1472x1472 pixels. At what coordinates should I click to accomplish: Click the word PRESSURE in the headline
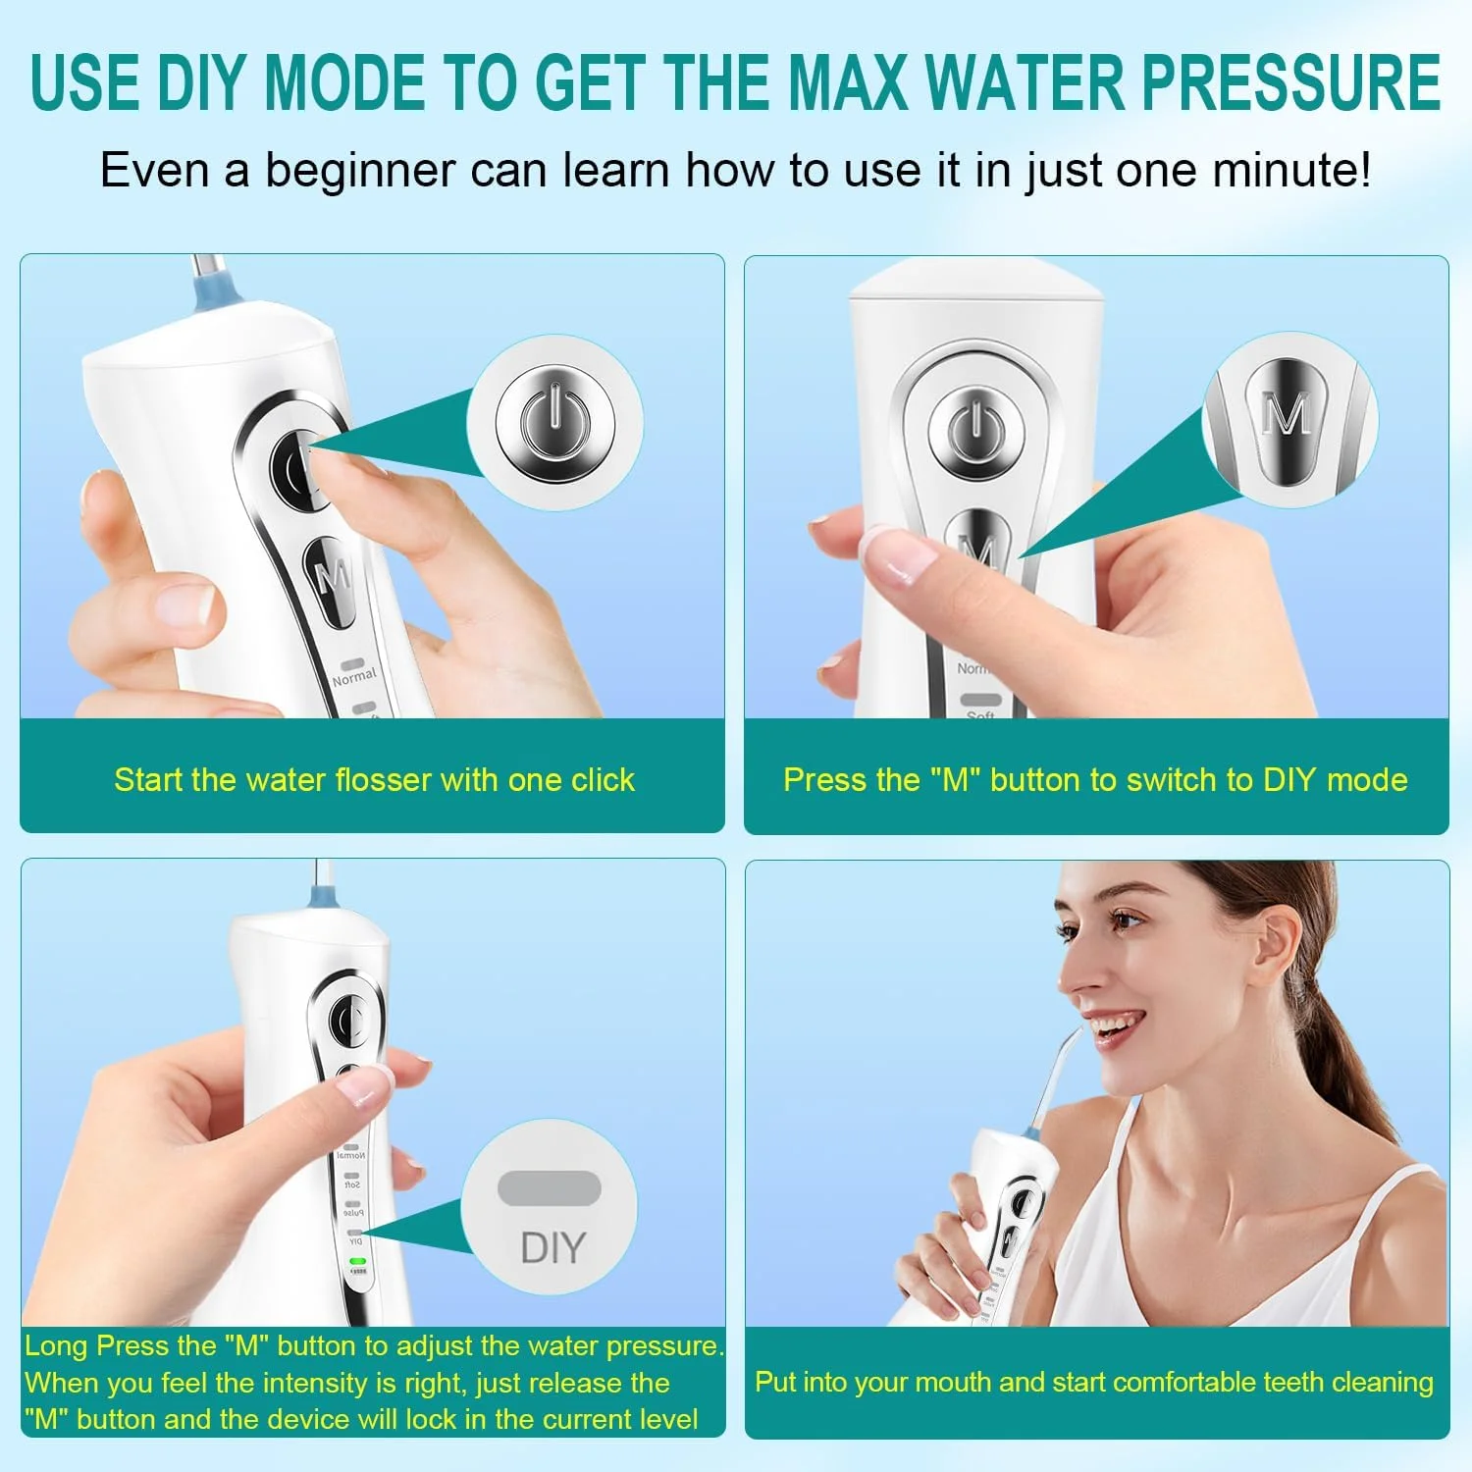click(1291, 82)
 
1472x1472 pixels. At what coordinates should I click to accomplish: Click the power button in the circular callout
click(554, 423)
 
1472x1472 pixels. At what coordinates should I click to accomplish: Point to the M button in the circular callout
click(1287, 419)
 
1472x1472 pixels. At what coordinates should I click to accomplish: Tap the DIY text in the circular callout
click(552, 1248)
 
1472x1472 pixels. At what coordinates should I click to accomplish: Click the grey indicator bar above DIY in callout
click(550, 1187)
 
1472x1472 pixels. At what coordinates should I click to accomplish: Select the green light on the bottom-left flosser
click(357, 1260)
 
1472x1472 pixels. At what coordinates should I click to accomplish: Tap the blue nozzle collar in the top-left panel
click(212, 292)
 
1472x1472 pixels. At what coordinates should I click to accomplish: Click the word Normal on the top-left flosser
click(354, 677)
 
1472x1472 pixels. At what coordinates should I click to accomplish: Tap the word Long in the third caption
click(57, 1346)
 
